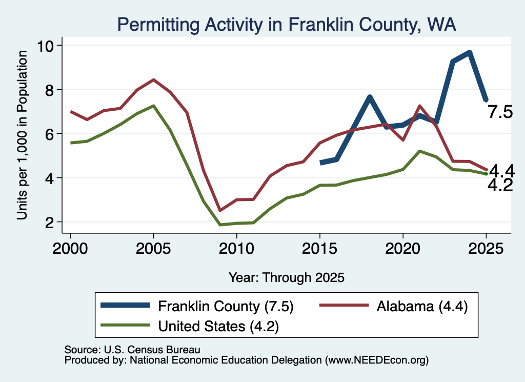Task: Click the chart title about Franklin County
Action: pos(287,25)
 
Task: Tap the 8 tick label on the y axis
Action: pos(50,90)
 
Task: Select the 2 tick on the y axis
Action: pos(50,223)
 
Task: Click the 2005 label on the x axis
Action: pos(153,249)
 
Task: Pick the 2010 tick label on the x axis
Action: pos(236,249)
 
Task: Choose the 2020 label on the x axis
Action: pos(403,249)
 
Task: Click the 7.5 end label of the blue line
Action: pos(500,111)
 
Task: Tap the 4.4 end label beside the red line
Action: pos(502,171)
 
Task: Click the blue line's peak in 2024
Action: pos(470,53)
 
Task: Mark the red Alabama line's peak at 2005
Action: pos(153,79)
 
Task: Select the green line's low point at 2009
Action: pos(220,225)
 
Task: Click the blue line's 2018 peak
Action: pos(370,97)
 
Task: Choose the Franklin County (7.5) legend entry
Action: pos(197,306)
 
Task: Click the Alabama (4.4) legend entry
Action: pos(393,306)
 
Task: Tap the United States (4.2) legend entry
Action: pos(190,326)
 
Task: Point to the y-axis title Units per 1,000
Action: pos(22,135)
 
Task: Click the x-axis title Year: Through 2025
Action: pos(287,277)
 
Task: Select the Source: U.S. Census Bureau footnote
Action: pos(132,350)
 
